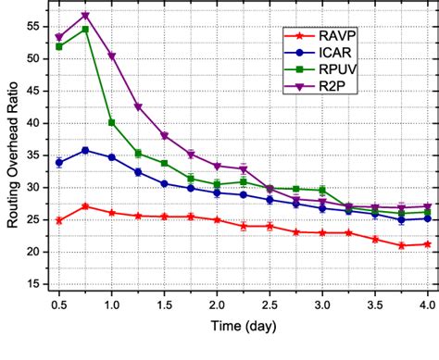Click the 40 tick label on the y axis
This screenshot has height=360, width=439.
pyautogui.click(x=36, y=123)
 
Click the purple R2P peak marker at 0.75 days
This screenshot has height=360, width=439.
pyautogui.click(x=85, y=16)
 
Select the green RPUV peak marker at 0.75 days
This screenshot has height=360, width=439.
pyautogui.click(x=85, y=30)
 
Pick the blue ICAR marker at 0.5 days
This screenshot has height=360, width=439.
pyautogui.click(x=59, y=162)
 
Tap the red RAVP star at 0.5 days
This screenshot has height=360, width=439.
pyautogui.click(x=59, y=220)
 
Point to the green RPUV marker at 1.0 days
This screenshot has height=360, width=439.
pyautogui.click(x=112, y=122)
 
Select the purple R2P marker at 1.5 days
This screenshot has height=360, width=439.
pyautogui.click(x=164, y=136)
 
